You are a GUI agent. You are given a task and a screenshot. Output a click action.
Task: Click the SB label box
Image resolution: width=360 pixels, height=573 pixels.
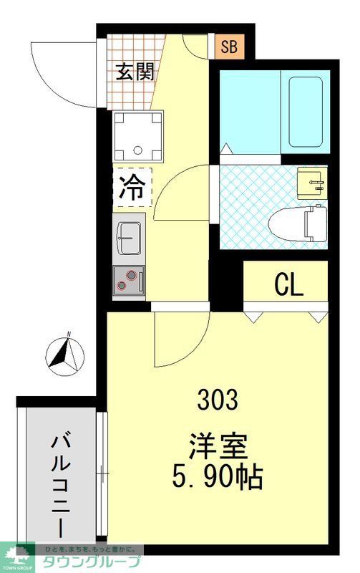point(229,48)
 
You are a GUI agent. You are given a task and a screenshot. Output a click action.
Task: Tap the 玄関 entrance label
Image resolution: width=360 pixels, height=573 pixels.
point(135,72)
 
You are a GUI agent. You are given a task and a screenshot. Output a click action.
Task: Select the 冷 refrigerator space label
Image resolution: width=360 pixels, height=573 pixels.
point(132,188)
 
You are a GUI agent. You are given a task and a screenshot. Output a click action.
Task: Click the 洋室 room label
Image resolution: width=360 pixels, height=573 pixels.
point(218,446)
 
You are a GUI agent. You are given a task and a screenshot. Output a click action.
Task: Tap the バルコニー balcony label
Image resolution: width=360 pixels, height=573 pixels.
point(60,483)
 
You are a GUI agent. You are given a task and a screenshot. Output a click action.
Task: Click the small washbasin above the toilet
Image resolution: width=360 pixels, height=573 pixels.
point(311,183)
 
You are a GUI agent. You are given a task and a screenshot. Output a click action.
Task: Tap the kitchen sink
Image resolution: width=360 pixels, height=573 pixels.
point(130,236)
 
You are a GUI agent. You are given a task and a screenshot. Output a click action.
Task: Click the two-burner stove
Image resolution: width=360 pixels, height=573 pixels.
point(128,279)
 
